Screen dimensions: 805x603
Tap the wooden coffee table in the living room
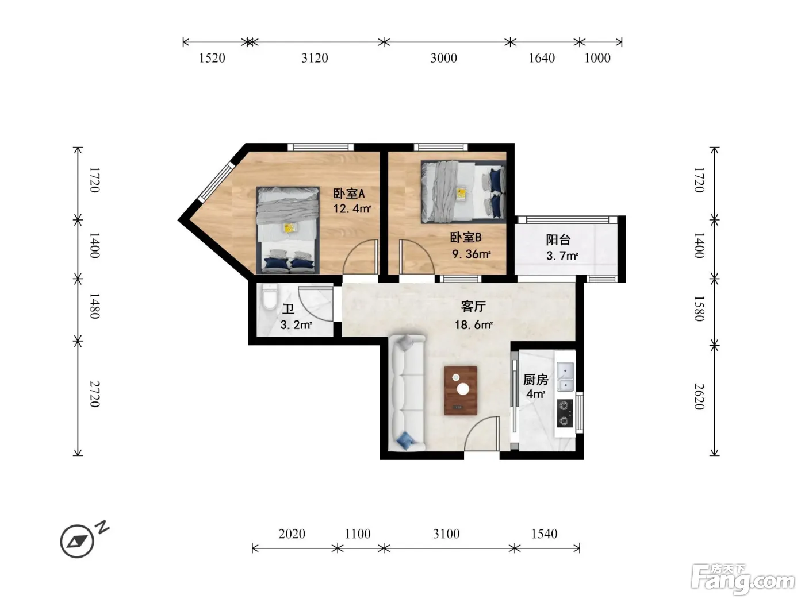[x=460, y=391]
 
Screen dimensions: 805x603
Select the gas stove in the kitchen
[x=565, y=413]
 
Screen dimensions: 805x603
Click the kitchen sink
[x=565, y=376]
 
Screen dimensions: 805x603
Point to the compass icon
[x=77, y=542]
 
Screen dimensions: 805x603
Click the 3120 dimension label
[x=315, y=58]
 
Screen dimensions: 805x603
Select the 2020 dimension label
[x=292, y=534]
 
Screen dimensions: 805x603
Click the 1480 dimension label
[x=95, y=306]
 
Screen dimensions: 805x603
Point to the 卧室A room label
[x=349, y=194]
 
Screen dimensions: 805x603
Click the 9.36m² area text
[x=471, y=254]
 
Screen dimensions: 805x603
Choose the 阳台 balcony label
[x=558, y=240]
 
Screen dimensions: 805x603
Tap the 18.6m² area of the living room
[x=473, y=324]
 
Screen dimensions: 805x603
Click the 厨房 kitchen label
[x=535, y=380]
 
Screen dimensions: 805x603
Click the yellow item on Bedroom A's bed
[x=290, y=227]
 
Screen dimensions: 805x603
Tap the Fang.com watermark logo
[x=743, y=579]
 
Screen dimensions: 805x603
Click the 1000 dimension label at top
[x=597, y=58]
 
